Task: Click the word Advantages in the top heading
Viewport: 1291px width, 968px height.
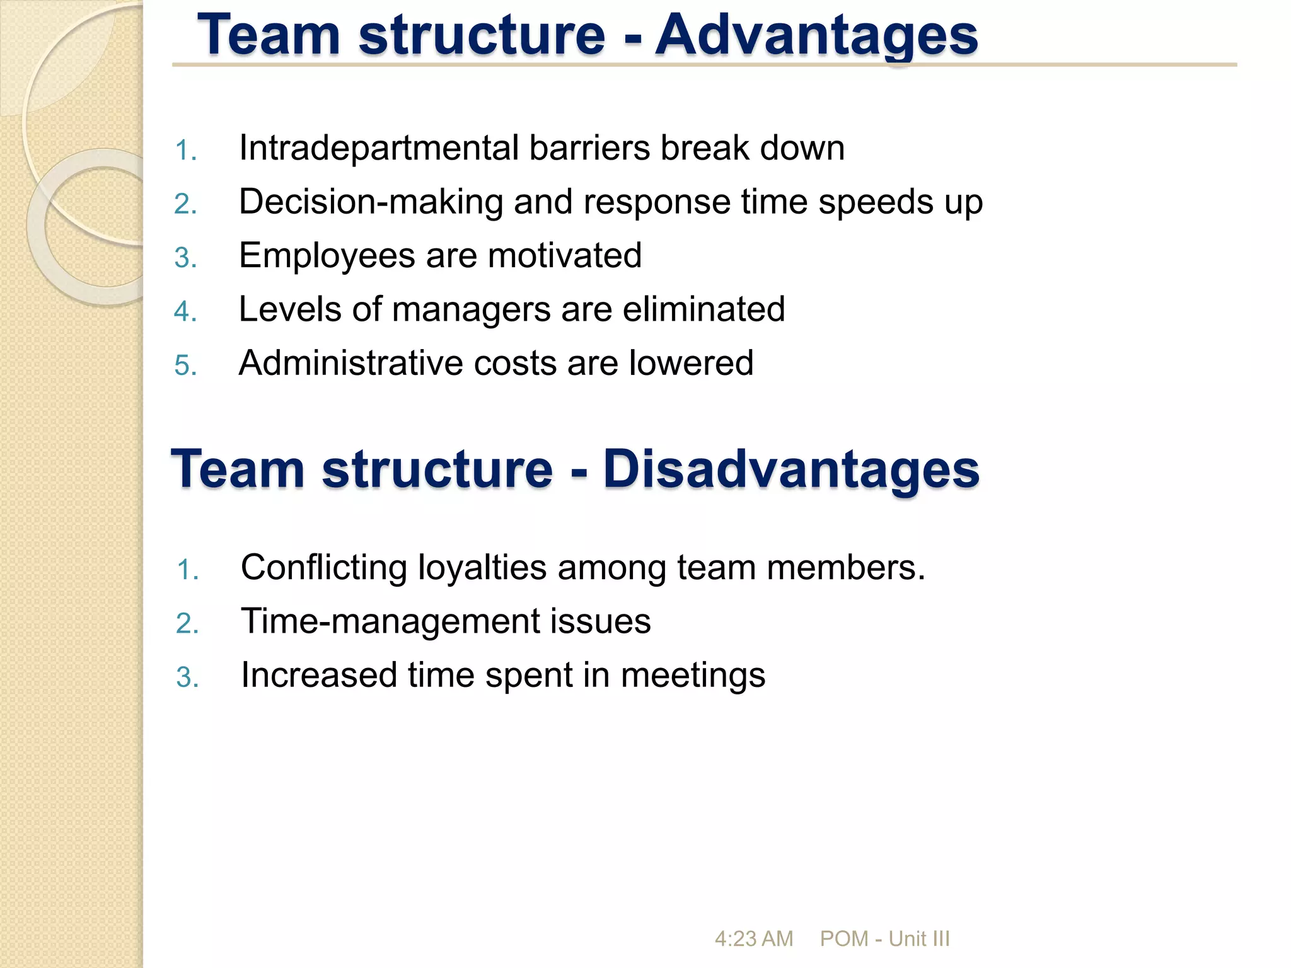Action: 817,36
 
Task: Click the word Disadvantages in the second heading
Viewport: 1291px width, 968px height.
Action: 791,470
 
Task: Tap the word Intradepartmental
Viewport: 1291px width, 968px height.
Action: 378,149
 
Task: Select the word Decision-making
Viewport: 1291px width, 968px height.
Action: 371,203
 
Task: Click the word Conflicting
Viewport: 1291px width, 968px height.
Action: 323,567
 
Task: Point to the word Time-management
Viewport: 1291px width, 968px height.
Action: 390,622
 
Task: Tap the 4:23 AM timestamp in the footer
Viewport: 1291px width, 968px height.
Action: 753,938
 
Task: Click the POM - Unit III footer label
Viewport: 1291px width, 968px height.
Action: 884,938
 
